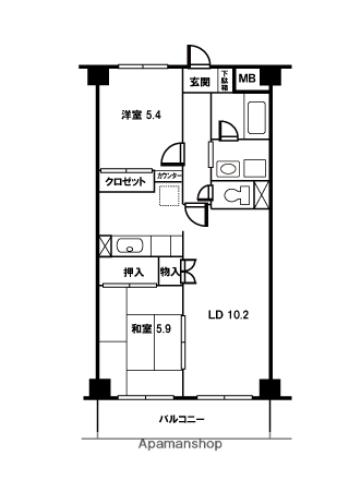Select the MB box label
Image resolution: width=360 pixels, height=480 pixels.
tap(246, 78)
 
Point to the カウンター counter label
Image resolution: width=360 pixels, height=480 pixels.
tap(168, 177)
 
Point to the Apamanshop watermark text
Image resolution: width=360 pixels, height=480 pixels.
tap(180, 443)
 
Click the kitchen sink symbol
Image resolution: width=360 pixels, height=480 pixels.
tap(131, 244)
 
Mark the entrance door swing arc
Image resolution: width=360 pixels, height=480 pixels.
tap(195, 58)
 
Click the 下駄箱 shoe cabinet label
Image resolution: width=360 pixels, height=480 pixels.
tap(225, 80)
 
